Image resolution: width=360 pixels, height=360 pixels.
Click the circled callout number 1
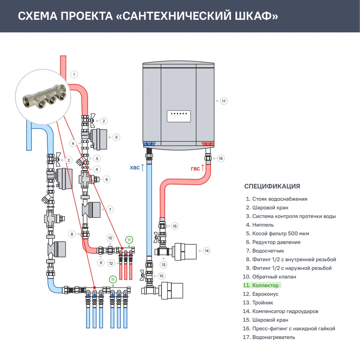73,75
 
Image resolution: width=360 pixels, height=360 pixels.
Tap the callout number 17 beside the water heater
224,101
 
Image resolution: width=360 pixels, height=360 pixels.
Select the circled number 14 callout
206,251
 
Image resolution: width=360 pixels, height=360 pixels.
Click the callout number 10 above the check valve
110,238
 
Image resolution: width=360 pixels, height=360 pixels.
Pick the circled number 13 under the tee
164,265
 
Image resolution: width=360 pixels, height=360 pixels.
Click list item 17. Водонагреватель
269,337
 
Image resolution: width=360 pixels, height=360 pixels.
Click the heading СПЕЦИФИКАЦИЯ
272,186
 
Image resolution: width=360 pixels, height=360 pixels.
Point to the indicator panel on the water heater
179,116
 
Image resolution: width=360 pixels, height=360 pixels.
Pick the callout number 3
116,137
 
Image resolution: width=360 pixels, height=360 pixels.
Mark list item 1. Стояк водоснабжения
276,199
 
